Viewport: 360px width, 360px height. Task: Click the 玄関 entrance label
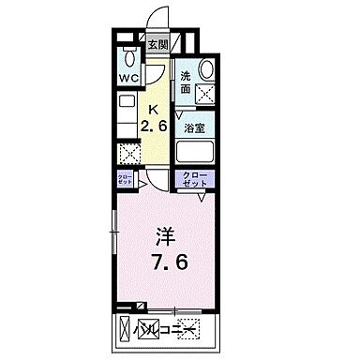(157, 42)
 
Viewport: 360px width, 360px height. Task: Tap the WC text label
(127, 78)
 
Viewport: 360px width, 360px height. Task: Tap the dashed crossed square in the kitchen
(127, 154)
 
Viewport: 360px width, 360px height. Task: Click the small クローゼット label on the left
(125, 179)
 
